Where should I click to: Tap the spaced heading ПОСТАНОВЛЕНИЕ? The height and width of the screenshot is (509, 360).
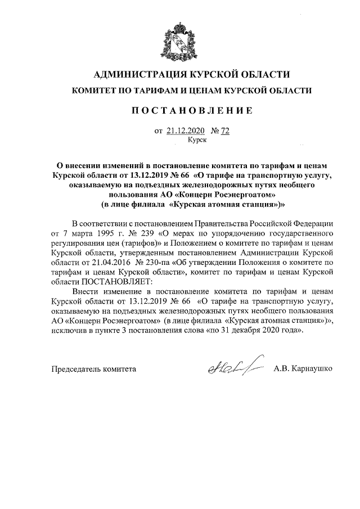coord(181,111)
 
